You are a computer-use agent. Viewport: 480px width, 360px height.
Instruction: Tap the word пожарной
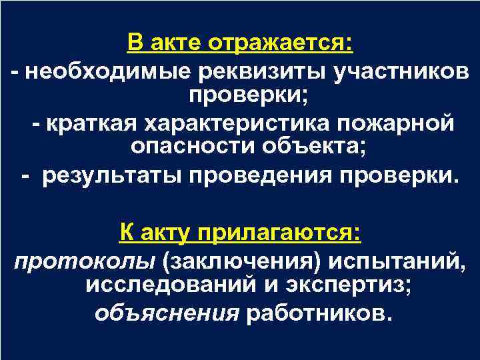click(x=399, y=125)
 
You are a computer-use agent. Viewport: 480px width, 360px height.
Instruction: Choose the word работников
click(x=316, y=312)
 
